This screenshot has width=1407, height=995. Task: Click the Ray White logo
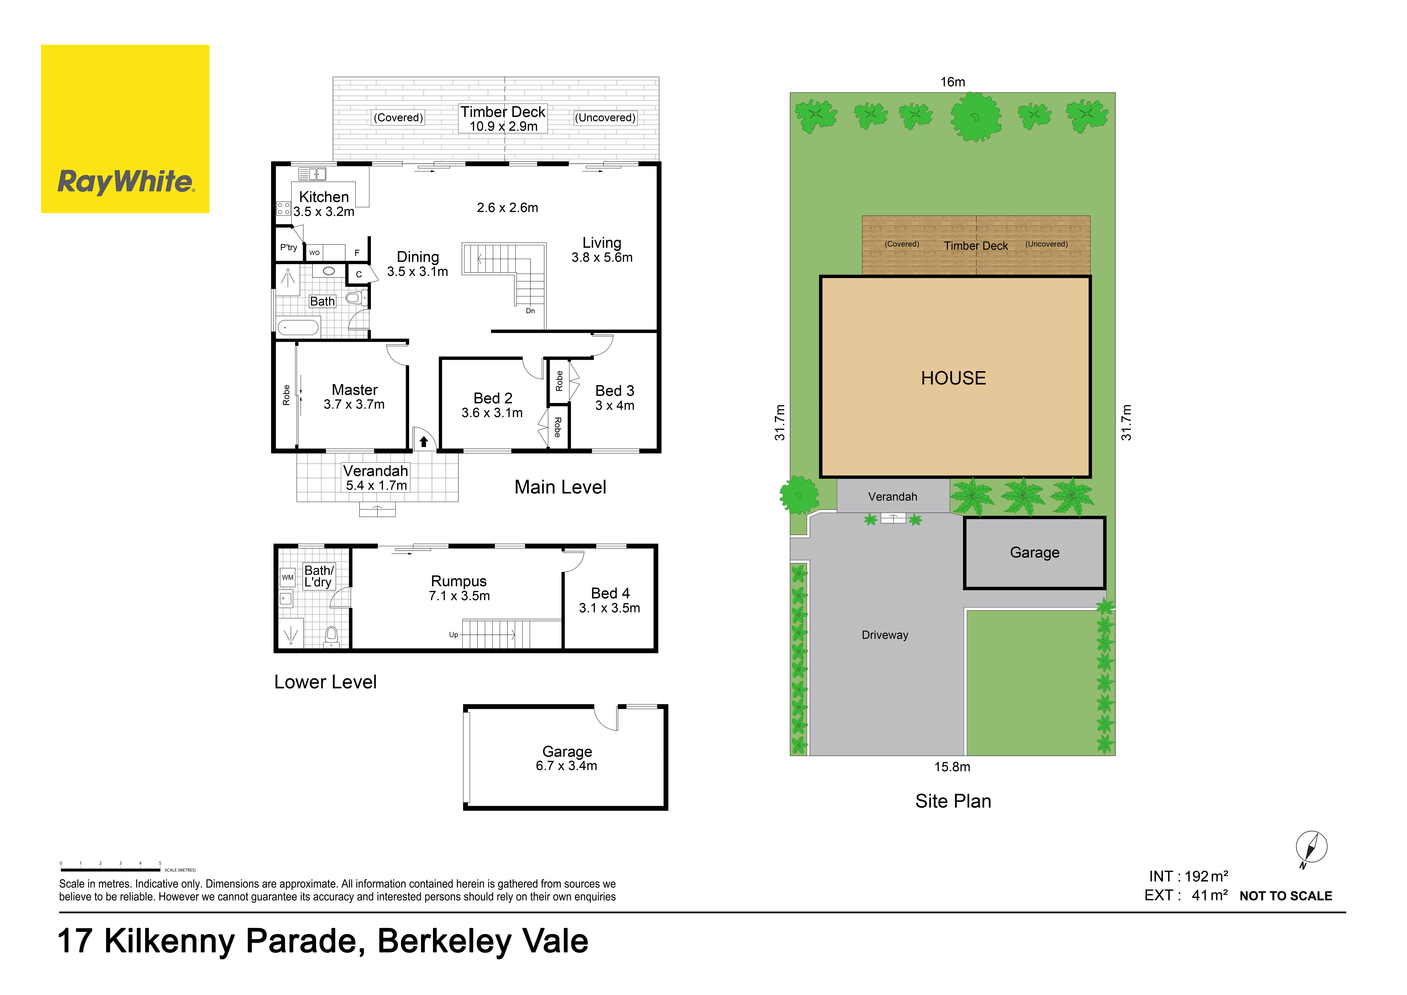point(125,129)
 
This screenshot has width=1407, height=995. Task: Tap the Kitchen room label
point(323,197)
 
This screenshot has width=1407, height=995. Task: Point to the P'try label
point(289,247)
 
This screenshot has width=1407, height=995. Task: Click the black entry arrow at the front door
point(423,441)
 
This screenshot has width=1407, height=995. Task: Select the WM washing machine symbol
point(287,577)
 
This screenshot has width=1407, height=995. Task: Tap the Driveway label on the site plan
point(885,635)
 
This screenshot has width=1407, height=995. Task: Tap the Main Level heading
point(560,487)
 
